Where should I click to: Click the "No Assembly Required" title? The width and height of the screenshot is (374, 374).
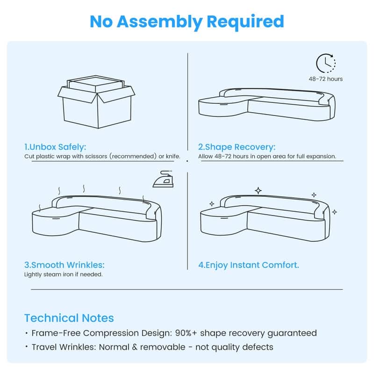click(x=187, y=22)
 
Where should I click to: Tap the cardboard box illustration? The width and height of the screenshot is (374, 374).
click(x=96, y=102)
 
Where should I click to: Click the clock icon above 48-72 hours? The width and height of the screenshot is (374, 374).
click(x=326, y=63)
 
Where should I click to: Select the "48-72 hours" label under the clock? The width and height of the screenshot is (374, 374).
click(x=325, y=79)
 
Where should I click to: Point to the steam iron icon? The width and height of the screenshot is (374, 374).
click(x=163, y=179)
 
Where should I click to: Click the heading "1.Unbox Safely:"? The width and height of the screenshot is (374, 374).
click(x=55, y=147)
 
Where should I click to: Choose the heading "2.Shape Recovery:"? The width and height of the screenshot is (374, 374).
click(x=237, y=147)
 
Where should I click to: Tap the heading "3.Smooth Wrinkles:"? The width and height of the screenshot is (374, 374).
click(x=65, y=265)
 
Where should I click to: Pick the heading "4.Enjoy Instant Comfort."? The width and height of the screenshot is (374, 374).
click(x=249, y=265)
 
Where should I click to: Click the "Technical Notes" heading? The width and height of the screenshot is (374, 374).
click(x=69, y=318)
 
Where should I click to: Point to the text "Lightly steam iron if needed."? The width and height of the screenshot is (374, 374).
click(x=64, y=274)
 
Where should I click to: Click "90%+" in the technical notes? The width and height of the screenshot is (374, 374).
click(x=186, y=333)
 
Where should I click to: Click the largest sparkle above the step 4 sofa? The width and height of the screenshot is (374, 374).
click(x=259, y=191)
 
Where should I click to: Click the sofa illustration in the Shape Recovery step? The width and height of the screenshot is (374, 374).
click(x=266, y=104)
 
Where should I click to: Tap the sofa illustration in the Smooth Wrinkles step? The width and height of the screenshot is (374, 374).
click(x=97, y=218)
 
